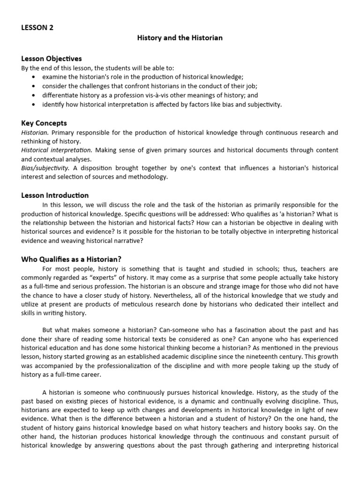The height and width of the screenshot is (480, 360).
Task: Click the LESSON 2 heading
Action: coord(37,27)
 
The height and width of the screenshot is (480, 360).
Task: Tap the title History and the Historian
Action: coord(180,37)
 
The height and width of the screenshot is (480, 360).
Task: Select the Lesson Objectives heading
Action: coord(52,59)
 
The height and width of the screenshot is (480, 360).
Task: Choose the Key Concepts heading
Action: coord(44,123)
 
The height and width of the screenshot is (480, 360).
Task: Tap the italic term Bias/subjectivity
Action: coord(45,168)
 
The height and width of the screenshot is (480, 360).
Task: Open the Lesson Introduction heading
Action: coord(55,195)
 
